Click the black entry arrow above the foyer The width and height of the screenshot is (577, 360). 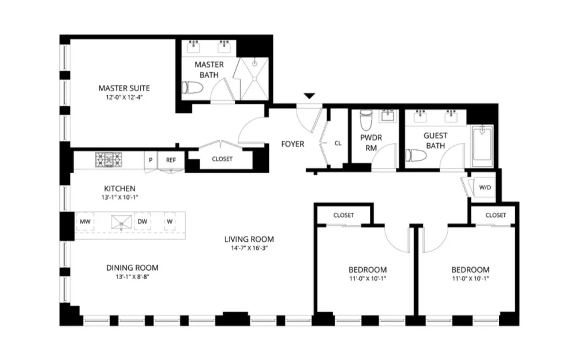point(309,96)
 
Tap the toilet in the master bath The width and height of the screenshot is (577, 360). point(193,88)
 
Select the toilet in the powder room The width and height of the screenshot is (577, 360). point(366,120)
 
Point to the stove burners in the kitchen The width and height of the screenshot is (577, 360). point(108,160)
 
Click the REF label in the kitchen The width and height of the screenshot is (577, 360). point(171,160)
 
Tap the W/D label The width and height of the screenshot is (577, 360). point(485,187)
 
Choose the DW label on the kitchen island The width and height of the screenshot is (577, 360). point(143,222)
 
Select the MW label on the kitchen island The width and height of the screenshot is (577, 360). point(85,222)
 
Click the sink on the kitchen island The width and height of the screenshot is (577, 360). point(121,222)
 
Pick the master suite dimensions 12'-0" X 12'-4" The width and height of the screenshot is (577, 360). point(124,97)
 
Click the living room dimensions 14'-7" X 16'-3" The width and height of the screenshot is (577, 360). point(249,248)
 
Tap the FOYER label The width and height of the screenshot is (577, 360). point(293,144)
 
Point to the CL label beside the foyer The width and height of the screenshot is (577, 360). point(338,144)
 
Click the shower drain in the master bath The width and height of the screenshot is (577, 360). point(254,64)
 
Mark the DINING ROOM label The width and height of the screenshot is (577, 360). point(133,268)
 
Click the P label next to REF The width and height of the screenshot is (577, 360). point(151,160)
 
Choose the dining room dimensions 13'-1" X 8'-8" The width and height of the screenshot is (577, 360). point(133,277)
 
